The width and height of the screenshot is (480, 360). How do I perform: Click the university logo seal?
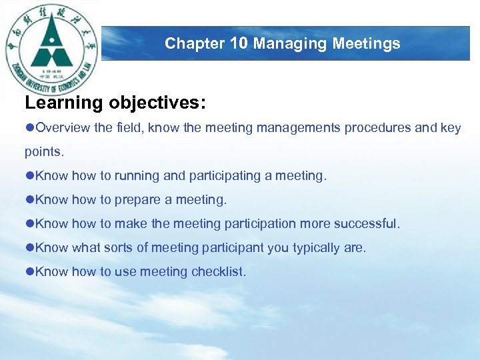(x=51, y=49)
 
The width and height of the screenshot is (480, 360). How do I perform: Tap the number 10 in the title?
(x=239, y=44)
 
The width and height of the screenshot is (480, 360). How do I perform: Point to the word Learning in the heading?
(x=64, y=103)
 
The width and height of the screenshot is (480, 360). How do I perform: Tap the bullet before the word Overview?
(x=29, y=128)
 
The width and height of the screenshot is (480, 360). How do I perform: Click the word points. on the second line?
(x=45, y=152)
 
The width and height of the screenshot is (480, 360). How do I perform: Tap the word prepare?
(x=140, y=200)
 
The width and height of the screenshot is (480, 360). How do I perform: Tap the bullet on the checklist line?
(x=29, y=272)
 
